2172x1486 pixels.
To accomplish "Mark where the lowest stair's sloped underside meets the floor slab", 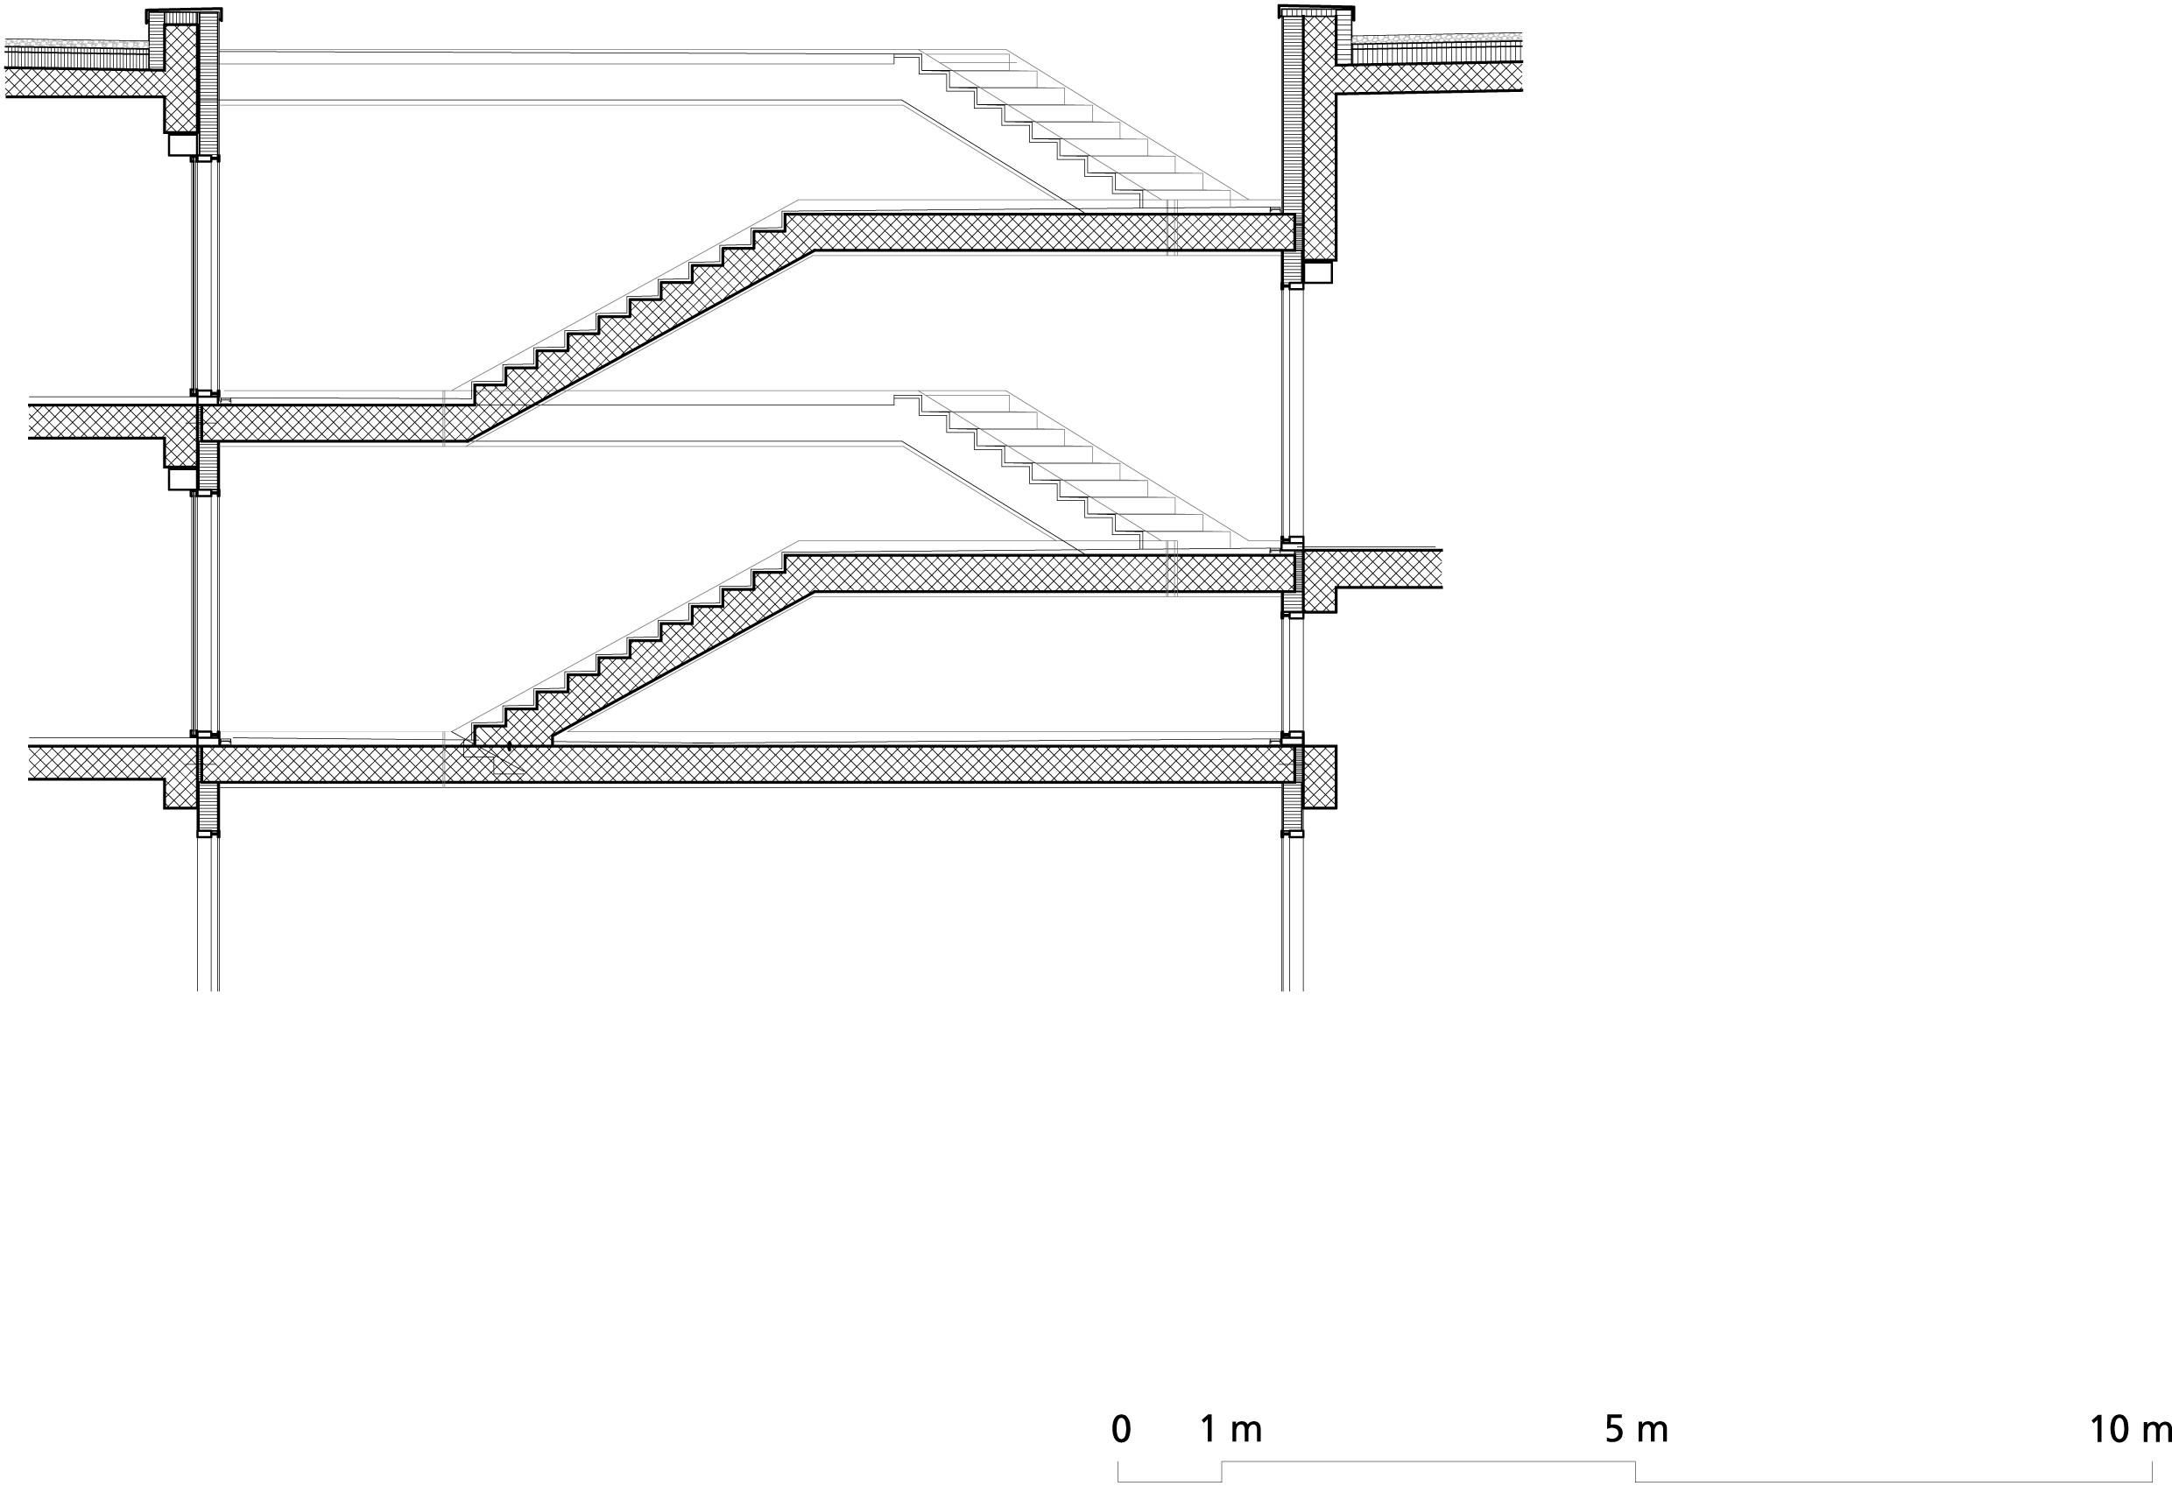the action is (552, 745).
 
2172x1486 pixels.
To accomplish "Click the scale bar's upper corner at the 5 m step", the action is (1635, 1461).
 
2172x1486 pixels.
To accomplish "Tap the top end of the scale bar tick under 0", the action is (1118, 1461).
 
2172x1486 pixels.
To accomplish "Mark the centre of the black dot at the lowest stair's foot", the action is (510, 746).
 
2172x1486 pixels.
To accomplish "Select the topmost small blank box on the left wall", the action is (182, 144).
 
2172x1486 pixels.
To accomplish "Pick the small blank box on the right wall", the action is (1318, 272).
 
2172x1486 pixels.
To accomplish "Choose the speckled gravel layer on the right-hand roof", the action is (1437, 39).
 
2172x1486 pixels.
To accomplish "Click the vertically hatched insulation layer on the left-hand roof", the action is (77, 59).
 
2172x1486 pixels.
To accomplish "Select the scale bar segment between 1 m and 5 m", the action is (1428, 1461).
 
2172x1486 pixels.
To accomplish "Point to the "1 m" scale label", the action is (1231, 1429).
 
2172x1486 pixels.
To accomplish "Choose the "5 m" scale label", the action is (1637, 1429).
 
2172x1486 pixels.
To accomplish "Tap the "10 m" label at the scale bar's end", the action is (2130, 1430).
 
